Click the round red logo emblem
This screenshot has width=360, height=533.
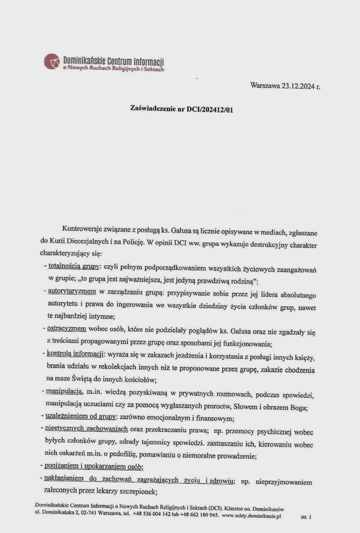(x=51, y=62)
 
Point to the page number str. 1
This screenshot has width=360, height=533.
(x=306, y=517)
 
